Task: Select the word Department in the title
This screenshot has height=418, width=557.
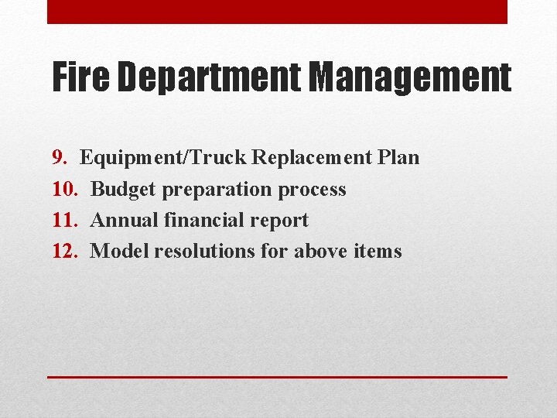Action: point(210,78)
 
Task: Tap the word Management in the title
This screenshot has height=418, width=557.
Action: point(411,78)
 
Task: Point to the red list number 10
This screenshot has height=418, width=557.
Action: point(64,189)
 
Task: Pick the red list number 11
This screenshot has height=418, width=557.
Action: point(64,220)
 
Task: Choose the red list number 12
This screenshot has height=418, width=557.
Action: point(64,251)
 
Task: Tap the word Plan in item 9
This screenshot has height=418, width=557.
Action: point(399,158)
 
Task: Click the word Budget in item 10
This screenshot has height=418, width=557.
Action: point(125,189)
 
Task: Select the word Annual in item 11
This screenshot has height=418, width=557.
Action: point(125,220)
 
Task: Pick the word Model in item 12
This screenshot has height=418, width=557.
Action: point(119,251)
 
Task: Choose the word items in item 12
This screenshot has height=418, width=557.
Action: point(377,251)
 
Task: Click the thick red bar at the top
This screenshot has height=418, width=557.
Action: point(277,12)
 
